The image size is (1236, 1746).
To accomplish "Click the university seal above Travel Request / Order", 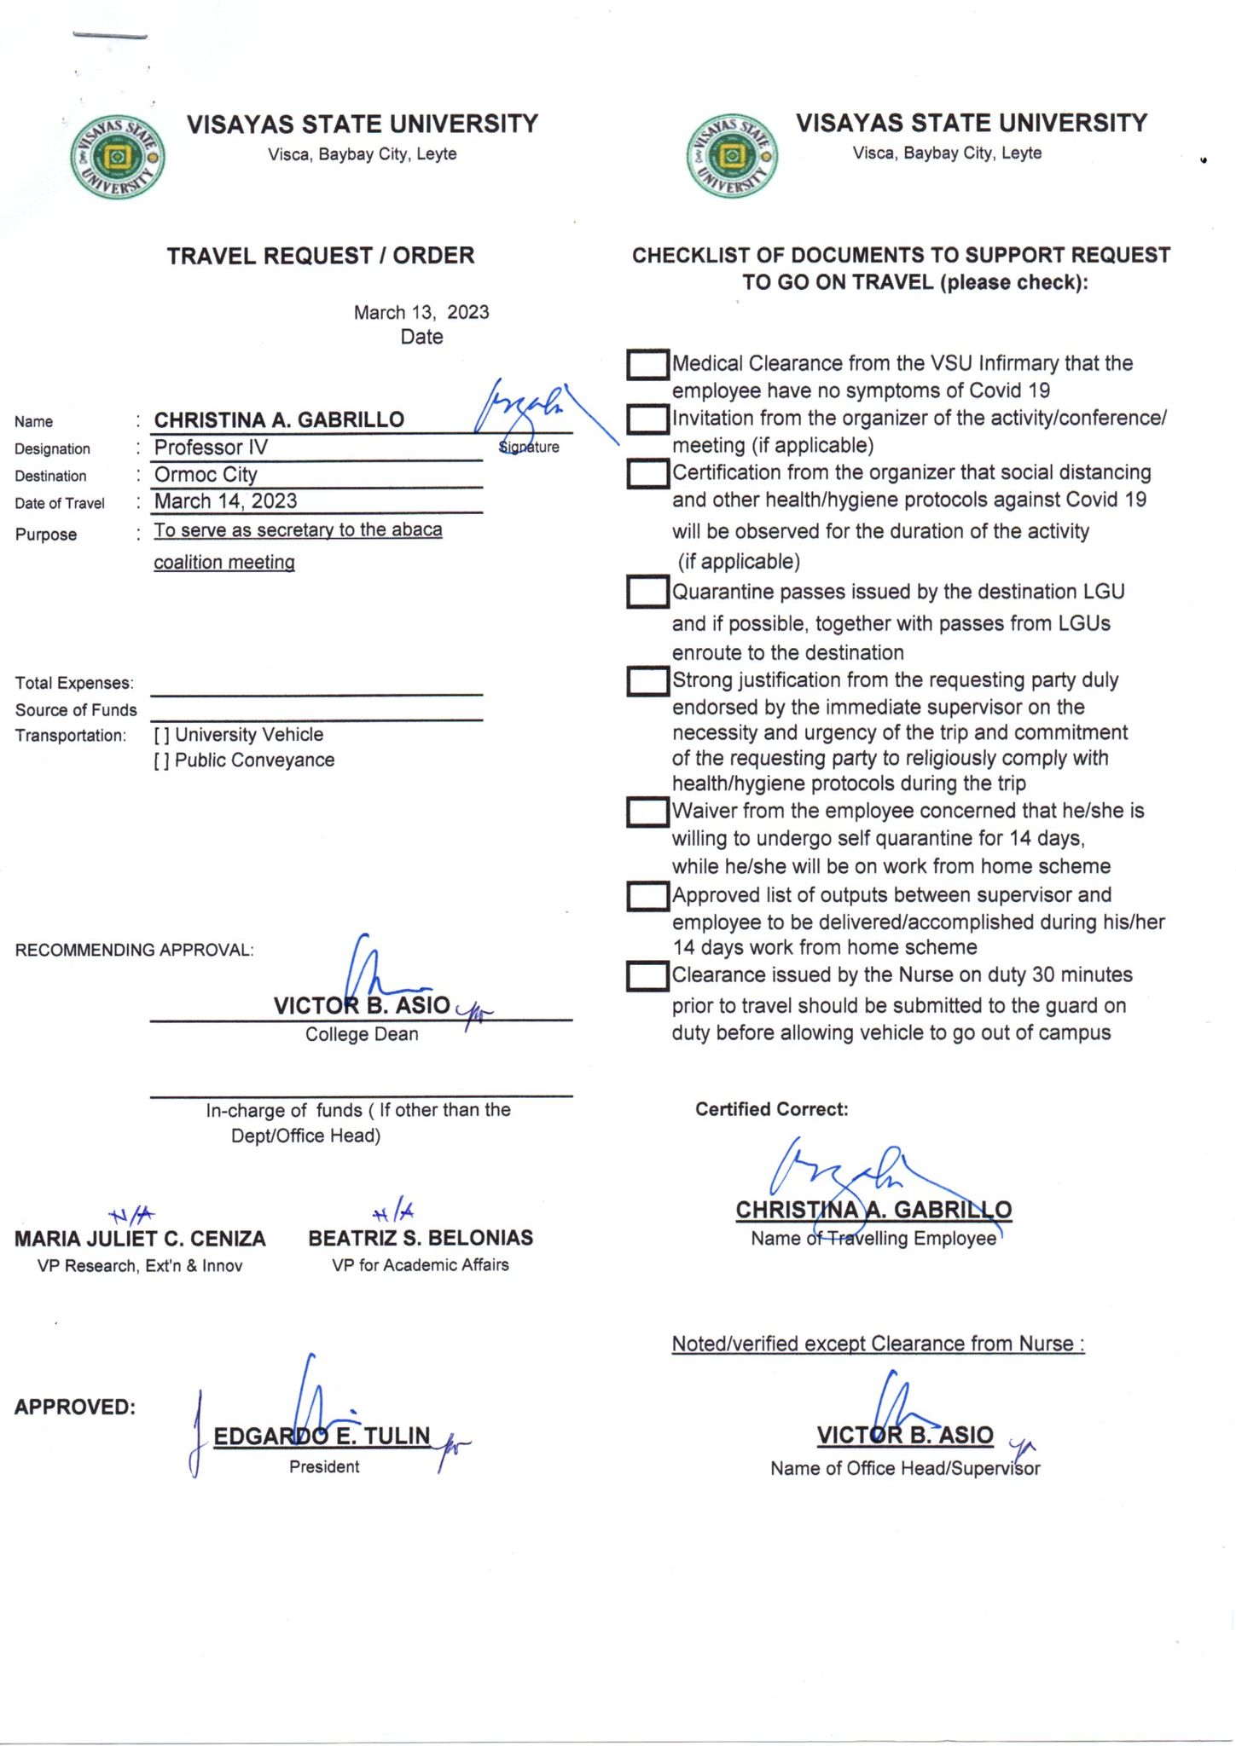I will pyautogui.click(x=117, y=157).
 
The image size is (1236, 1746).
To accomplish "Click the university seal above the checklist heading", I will pyautogui.click(x=732, y=156).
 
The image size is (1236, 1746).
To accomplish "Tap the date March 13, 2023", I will pyautogui.click(x=421, y=312).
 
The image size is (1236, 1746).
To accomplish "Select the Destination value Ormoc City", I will pyautogui.click(x=206, y=475).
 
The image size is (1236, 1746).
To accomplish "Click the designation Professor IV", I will pyautogui.click(x=211, y=448).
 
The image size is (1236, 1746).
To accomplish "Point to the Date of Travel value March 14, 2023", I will pyautogui.click(x=225, y=501).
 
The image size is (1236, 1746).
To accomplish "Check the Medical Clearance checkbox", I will pyautogui.click(x=647, y=365).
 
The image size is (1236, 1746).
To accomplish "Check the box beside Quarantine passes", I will pyautogui.click(x=647, y=593).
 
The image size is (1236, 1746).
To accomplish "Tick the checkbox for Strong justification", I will pyautogui.click(x=647, y=681).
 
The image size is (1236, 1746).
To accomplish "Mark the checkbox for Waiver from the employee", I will pyautogui.click(x=647, y=812).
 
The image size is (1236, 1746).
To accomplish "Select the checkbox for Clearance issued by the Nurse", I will pyautogui.click(x=647, y=976).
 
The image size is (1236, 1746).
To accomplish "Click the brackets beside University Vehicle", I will pyautogui.click(x=161, y=736).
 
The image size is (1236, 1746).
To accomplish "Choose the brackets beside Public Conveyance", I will pyautogui.click(x=161, y=761).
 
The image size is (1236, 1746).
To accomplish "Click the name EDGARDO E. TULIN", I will pyautogui.click(x=322, y=1437).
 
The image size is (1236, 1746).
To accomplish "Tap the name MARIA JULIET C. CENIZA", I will pyautogui.click(x=140, y=1239).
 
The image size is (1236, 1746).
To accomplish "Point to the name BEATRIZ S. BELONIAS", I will pyautogui.click(x=421, y=1238).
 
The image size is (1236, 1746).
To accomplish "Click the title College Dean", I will pyautogui.click(x=362, y=1034).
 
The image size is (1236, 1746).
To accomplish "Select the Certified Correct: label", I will pyautogui.click(x=771, y=1109).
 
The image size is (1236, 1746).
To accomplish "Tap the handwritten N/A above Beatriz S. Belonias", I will pyautogui.click(x=393, y=1211).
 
